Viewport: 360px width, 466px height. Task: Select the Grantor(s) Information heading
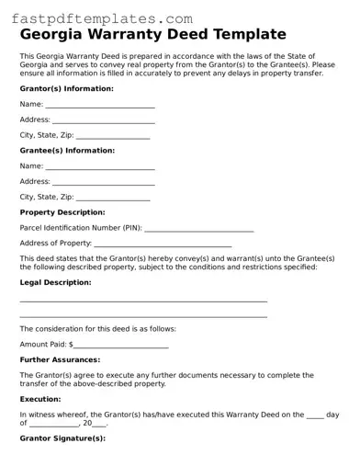(66, 88)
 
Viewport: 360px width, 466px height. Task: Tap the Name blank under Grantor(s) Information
(100, 106)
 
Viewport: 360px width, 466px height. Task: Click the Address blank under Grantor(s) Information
(103, 120)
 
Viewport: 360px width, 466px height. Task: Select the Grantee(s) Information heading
(67, 150)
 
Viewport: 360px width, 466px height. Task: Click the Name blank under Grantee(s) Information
(100, 167)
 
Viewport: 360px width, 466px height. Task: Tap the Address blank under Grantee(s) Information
(103, 182)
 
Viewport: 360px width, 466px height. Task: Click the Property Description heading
(69, 211)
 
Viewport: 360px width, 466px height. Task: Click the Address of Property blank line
(163, 244)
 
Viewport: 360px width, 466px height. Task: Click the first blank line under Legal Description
(143, 301)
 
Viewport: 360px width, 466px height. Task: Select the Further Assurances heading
(60, 359)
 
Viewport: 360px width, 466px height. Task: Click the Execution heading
(40, 400)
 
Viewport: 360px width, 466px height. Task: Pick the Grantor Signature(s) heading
(62, 438)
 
